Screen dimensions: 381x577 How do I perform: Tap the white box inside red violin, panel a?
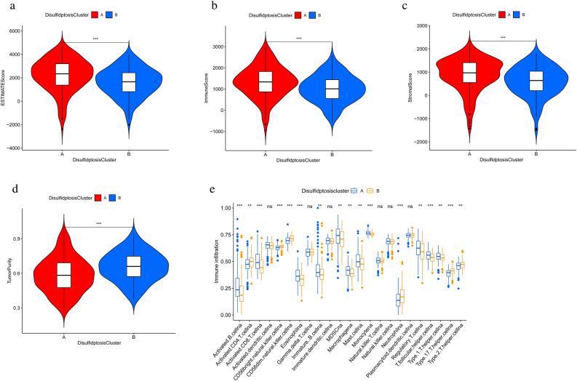63,74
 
